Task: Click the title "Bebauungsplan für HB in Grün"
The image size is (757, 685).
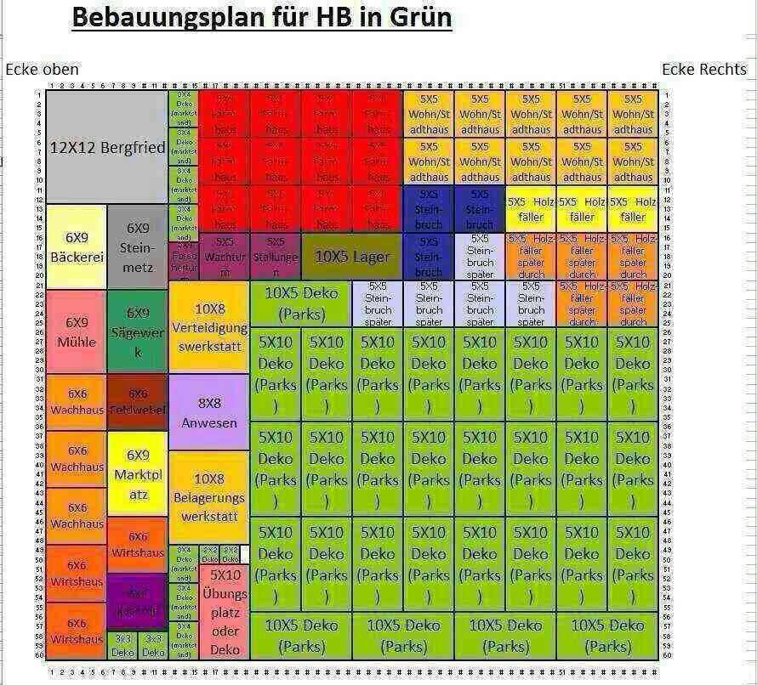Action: click(261, 17)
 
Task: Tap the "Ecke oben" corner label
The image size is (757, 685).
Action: click(42, 70)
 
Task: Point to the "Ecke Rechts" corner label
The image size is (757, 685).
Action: click(703, 70)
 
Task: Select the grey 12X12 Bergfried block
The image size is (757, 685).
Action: click(106, 147)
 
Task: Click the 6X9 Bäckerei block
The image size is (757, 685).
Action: click(77, 246)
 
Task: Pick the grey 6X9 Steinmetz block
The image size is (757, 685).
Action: click(137, 246)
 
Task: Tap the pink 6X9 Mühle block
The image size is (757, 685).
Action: click(77, 332)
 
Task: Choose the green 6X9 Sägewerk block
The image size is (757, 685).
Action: click(137, 332)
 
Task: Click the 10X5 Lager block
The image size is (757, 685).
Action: click(351, 257)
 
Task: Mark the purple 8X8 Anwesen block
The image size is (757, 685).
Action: click(208, 412)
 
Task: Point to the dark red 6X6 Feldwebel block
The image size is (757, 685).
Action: click(137, 402)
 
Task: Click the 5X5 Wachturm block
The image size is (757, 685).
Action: click(225, 257)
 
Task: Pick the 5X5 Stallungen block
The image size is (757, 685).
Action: click(275, 257)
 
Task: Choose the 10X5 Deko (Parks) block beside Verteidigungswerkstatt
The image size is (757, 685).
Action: click(300, 303)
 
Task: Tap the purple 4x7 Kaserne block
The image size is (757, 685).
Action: click(137, 600)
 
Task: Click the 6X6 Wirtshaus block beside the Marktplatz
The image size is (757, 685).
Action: click(137, 544)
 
